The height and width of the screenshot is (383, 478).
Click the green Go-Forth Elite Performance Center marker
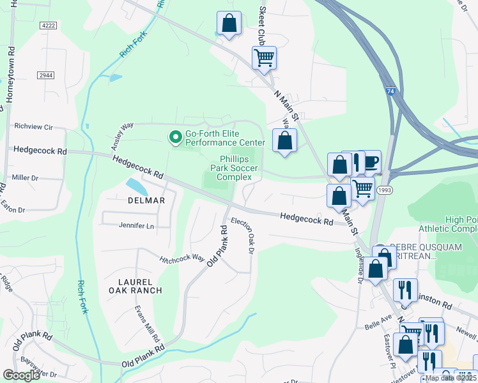click(x=174, y=137)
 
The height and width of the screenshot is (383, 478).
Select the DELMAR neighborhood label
click(x=146, y=200)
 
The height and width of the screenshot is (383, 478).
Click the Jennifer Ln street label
click(x=137, y=225)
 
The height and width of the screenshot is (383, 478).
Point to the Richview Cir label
click(x=32, y=126)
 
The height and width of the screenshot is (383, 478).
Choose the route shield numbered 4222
click(x=48, y=26)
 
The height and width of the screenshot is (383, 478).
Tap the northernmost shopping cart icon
click(x=264, y=58)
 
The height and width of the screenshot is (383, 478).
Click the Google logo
click(x=21, y=375)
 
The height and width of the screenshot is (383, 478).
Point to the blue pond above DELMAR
click(x=135, y=186)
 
